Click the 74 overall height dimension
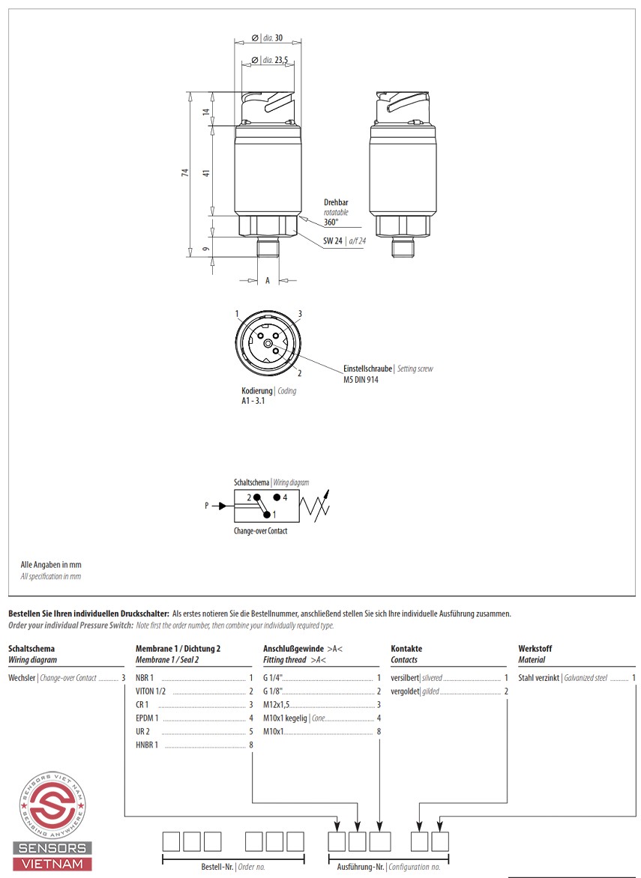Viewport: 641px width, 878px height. pyautogui.click(x=185, y=173)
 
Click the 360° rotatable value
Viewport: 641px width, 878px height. pyautogui.click(x=331, y=222)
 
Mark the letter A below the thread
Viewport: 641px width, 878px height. pyautogui.click(x=268, y=280)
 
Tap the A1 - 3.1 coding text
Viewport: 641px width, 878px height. pyautogui.click(x=253, y=402)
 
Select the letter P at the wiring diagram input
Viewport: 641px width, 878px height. pyautogui.click(x=207, y=506)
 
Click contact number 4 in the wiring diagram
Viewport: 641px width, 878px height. pyautogui.click(x=285, y=497)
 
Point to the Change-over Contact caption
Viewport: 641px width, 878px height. pyautogui.click(x=260, y=531)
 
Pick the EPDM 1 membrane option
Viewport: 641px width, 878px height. pyautogui.click(x=147, y=718)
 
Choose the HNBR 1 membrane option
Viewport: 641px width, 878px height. pyautogui.click(x=147, y=745)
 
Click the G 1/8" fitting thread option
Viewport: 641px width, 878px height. pyautogui.click(x=274, y=691)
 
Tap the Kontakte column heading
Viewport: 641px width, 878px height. pyautogui.click(x=406, y=649)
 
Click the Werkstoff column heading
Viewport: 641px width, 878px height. pyautogui.click(x=535, y=649)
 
